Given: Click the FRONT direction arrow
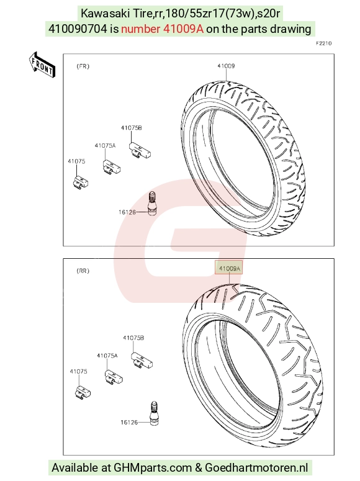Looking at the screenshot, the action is (42, 65).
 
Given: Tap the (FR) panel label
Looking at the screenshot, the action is (83, 66).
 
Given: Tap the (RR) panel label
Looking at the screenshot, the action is (83, 271).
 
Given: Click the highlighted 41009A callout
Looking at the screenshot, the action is (228, 268).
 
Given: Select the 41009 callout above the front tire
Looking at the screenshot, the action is (226, 66).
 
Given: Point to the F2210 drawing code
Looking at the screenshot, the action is (324, 43).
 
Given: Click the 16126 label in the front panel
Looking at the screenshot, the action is (127, 212).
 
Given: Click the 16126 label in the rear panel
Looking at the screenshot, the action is (129, 423).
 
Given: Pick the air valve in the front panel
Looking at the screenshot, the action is (152, 204).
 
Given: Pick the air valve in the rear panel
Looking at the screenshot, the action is (154, 413).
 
